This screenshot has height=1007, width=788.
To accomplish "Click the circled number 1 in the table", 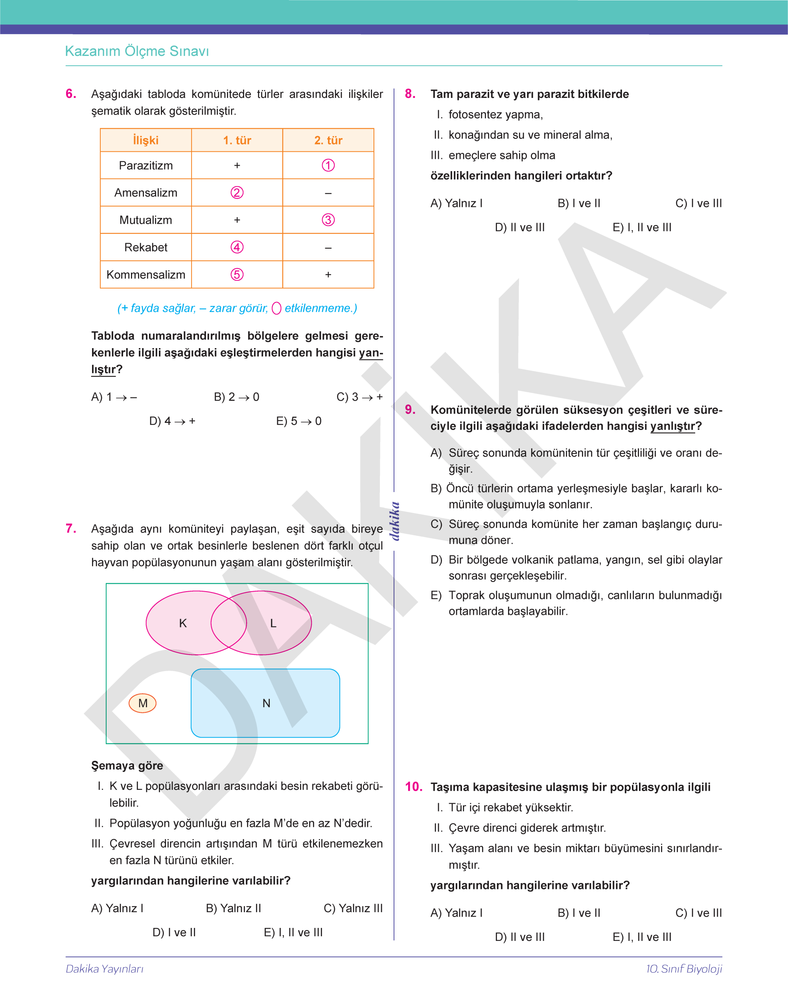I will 328,165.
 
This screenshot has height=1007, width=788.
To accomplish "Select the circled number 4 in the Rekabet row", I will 237,247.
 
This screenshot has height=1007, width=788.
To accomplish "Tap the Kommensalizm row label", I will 146,275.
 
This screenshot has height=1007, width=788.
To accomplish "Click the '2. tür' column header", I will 328,140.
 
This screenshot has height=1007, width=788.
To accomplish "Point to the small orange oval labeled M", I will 143,703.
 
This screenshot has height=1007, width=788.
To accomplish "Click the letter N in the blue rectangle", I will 266,703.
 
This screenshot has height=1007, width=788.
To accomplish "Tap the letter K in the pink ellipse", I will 183,623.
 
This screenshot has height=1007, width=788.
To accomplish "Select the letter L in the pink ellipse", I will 273,623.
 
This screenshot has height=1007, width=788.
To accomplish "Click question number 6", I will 71,94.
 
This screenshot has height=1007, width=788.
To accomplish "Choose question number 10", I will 413,787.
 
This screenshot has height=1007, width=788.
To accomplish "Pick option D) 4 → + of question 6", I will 172,421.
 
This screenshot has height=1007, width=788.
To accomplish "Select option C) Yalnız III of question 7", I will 353,908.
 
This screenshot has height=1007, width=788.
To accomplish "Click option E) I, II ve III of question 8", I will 642,227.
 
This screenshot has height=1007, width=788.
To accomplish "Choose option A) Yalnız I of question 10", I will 456,913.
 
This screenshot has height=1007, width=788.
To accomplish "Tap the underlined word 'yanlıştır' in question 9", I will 672,426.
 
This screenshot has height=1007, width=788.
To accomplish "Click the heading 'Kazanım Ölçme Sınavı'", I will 137,51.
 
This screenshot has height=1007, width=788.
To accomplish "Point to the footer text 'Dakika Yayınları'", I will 105,969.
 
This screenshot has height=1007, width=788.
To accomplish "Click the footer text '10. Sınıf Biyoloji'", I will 684,969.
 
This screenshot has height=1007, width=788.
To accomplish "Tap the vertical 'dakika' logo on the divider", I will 394,521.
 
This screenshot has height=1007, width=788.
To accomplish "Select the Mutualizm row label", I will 146,220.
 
